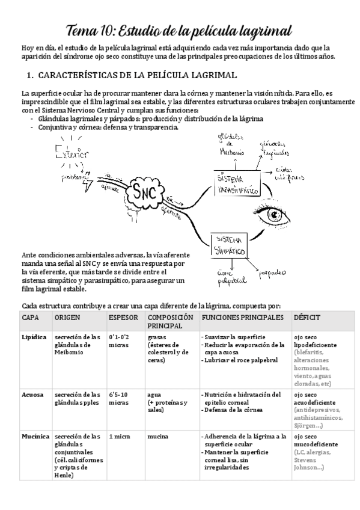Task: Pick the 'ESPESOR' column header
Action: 123,316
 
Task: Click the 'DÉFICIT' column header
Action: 307,316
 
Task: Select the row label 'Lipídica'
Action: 34,337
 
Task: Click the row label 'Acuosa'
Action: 32,395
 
